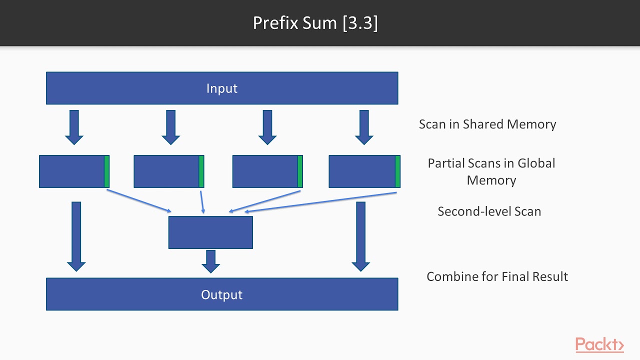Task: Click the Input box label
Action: (221, 88)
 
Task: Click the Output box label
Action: (221, 294)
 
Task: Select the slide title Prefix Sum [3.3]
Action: (315, 23)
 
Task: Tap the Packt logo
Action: (599, 345)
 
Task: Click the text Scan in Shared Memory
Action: (487, 124)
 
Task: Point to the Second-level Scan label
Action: (489, 211)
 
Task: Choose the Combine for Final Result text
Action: (497, 276)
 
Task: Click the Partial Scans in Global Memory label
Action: (491, 171)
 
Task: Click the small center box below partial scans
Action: (210, 232)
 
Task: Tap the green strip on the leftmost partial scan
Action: (106, 171)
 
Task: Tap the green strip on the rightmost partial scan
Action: (397, 171)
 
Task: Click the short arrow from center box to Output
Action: (210, 261)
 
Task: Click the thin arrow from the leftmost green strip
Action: (139, 200)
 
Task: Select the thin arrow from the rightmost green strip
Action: (320, 201)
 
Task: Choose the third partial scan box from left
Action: (265, 171)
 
